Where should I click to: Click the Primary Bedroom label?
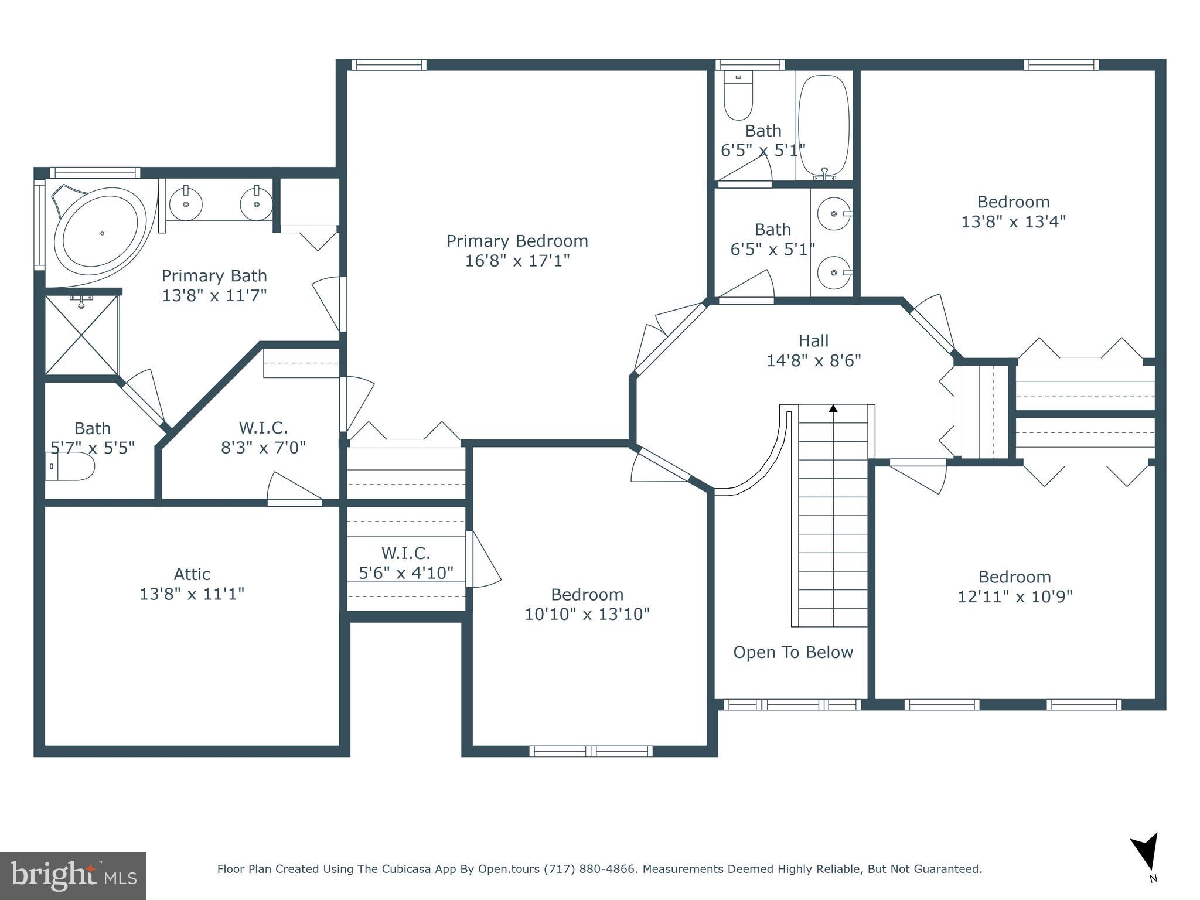(517, 241)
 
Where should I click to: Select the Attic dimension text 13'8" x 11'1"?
(192, 594)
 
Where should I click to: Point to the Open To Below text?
(793, 653)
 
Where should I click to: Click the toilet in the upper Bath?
(738, 97)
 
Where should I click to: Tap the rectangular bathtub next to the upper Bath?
(824, 126)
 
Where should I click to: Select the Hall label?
(813, 341)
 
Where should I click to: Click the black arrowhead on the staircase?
(833, 408)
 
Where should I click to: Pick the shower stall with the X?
(81, 335)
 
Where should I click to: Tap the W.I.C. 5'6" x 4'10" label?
(405, 562)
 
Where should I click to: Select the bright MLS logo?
(73, 876)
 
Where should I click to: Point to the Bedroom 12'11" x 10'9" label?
(1014, 587)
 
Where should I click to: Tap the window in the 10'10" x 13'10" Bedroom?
(591, 751)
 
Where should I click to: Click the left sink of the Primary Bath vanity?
(186, 203)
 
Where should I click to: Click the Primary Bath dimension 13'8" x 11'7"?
(214, 295)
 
